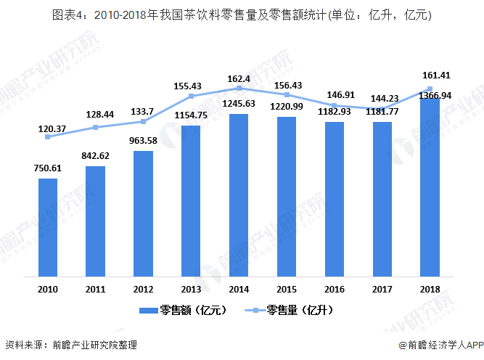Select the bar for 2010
[48, 226]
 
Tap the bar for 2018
[430, 187]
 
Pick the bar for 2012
[143, 213]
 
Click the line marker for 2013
[191, 96]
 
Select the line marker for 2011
[95, 128]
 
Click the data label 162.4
[239, 79]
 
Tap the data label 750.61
[48, 168]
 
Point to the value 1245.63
[239, 103]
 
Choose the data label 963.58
[143, 140]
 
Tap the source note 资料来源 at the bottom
[70, 345]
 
